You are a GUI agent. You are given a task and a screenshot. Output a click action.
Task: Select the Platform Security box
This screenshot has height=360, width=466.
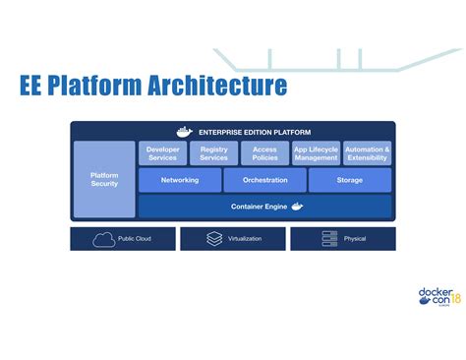(104, 178)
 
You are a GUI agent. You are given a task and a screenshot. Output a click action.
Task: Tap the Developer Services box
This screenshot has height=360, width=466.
(162, 152)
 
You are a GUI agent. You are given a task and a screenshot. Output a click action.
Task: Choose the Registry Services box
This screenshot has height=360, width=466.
(213, 152)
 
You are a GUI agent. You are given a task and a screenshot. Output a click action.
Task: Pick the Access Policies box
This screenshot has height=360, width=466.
(264, 152)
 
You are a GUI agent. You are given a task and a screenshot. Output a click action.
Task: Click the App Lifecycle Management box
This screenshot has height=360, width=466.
(316, 152)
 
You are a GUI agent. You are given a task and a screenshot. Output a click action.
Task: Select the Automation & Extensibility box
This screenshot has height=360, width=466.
(367, 152)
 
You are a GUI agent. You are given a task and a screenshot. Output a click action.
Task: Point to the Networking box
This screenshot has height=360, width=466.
(180, 180)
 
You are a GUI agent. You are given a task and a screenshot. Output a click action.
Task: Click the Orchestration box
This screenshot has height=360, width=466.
(264, 180)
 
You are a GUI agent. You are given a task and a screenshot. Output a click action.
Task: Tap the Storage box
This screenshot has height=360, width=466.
(349, 180)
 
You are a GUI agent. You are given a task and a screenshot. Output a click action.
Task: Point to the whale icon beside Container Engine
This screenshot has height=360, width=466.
(297, 206)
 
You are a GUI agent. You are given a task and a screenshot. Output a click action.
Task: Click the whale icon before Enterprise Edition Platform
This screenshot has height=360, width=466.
(183, 131)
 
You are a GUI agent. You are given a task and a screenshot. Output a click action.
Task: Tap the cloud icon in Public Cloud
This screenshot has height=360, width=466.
(103, 239)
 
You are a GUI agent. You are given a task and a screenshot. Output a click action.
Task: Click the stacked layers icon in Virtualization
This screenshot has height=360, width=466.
(214, 239)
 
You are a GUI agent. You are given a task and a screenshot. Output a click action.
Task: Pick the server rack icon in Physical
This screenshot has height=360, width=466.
(329, 239)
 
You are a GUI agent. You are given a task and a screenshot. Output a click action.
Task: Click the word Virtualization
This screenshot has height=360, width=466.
(246, 239)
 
